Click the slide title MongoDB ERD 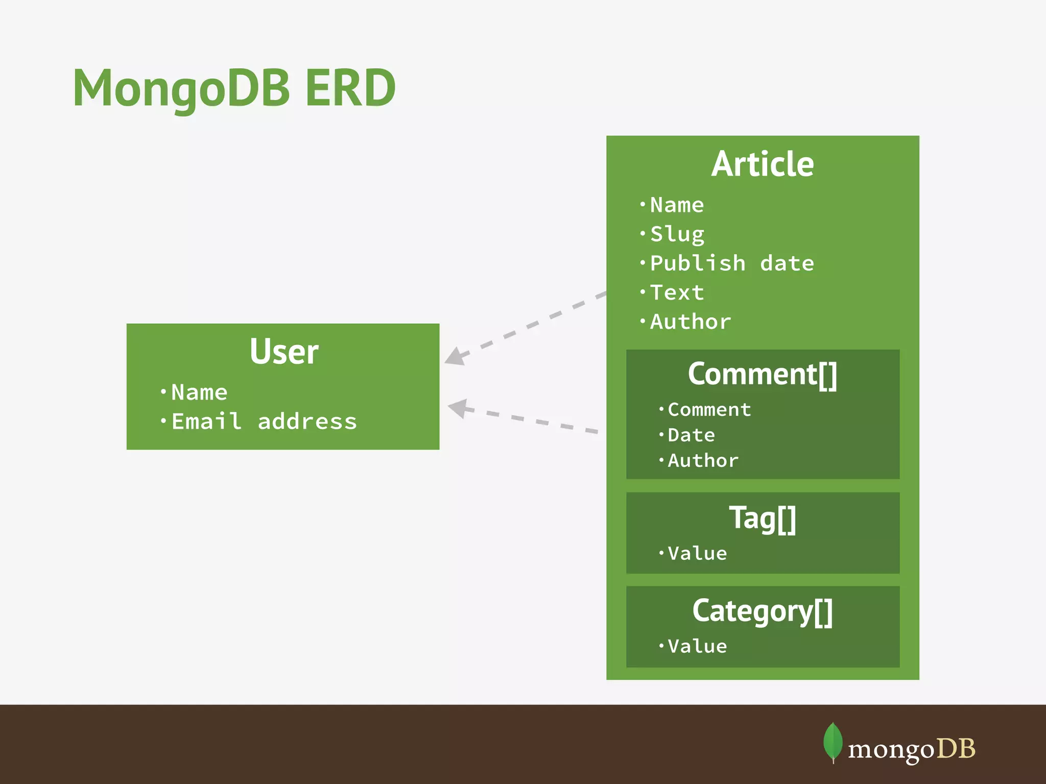234,88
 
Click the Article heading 762,164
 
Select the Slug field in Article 677,234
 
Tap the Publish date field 731,263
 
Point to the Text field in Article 677,292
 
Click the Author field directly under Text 690,322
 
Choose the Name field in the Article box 677,205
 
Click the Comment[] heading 762,374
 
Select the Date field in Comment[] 691,435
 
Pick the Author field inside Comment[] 703,460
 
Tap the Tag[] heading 762,518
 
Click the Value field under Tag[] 697,553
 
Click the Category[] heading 762,611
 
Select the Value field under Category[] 697,646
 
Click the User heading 283,352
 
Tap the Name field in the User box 199,393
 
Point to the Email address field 264,422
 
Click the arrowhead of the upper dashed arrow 454,357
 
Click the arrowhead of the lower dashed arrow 458,408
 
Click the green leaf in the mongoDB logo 833,742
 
